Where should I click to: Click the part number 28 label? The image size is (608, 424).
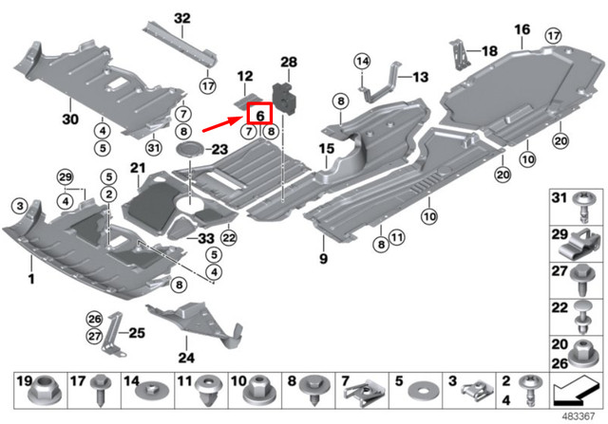(289, 62)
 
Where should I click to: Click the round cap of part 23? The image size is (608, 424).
(190, 150)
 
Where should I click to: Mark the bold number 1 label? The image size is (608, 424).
(29, 279)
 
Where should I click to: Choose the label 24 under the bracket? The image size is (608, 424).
(185, 359)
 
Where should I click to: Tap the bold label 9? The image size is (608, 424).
(322, 258)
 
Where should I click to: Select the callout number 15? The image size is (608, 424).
(326, 150)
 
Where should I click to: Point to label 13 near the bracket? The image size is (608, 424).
(420, 76)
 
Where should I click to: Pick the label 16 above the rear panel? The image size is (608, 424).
(522, 30)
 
